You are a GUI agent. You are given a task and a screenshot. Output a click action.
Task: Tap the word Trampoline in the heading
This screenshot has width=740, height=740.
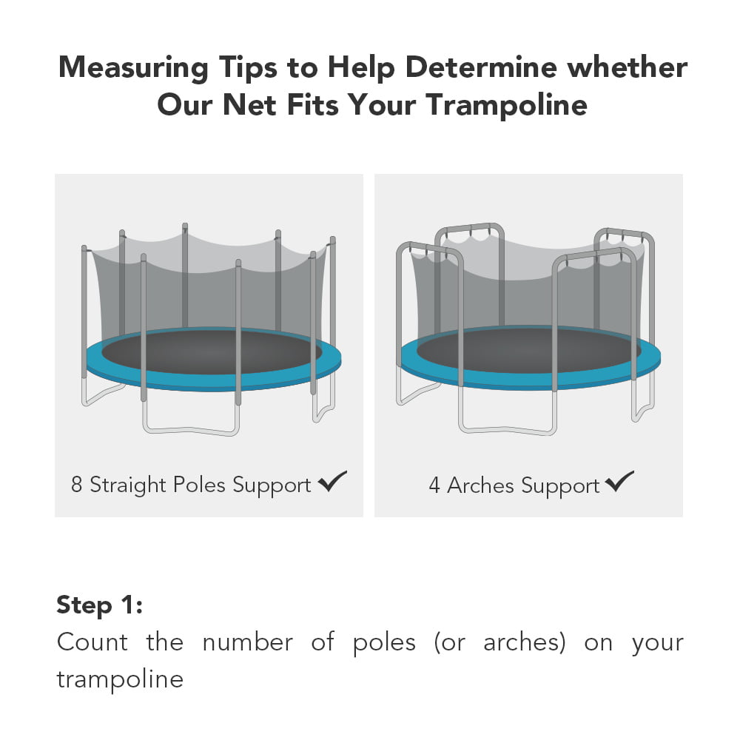(x=506, y=104)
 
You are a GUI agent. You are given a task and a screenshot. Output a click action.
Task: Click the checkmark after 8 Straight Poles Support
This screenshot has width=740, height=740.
(x=332, y=482)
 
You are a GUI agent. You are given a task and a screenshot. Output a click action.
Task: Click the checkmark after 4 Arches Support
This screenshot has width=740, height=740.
(x=619, y=482)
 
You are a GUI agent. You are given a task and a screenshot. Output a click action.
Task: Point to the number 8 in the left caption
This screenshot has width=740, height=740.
(x=77, y=485)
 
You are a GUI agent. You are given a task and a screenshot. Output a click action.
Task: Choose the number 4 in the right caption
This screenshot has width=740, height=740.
(x=434, y=486)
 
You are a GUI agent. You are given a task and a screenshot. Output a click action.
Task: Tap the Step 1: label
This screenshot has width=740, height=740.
(x=99, y=605)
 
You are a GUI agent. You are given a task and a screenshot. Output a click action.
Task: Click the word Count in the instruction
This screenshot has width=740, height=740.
(x=92, y=642)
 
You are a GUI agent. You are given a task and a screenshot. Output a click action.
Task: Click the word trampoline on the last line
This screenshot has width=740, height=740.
(x=120, y=679)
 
